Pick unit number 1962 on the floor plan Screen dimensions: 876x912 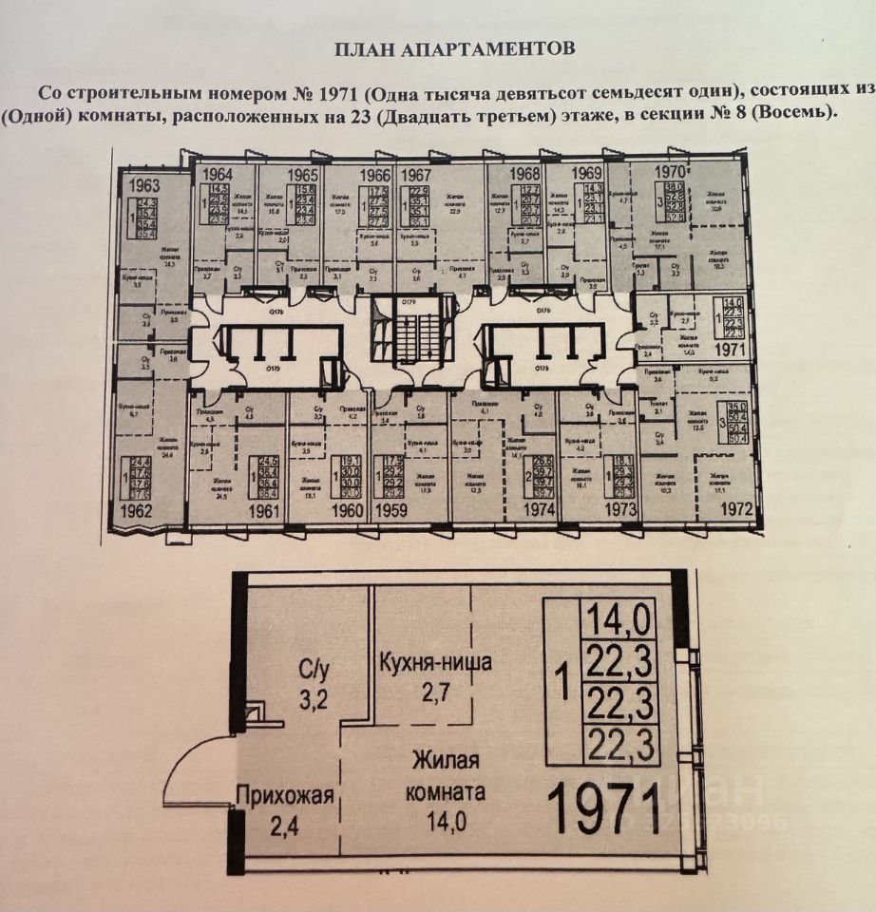click(138, 510)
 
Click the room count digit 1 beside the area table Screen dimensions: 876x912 click(564, 684)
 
